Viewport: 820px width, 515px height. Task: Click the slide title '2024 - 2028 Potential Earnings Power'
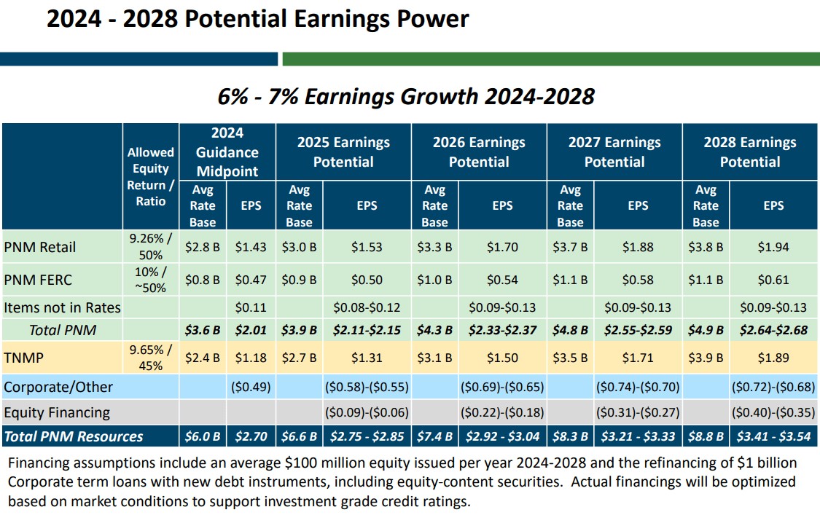pos(258,19)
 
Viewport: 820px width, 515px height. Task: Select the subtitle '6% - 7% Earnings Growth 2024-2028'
pos(406,96)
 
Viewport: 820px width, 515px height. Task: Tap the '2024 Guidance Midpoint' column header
pos(227,152)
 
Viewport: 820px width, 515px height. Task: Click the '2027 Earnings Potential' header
pos(614,152)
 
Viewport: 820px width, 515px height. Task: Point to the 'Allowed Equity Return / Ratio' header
pos(151,176)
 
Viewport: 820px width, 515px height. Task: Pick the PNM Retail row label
pos(40,248)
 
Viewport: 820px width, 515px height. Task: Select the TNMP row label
pos(23,358)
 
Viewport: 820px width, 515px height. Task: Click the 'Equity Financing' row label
pos(57,412)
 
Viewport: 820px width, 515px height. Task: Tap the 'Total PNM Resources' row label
pos(74,436)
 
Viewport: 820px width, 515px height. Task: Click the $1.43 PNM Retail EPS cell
pos(251,248)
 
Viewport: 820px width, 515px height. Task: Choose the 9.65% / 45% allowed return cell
pos(151,358)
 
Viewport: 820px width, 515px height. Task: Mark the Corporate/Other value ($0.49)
pos(251,387)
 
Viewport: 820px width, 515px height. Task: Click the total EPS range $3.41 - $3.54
pos(773,436)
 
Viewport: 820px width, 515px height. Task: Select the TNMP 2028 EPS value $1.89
pos(773,358)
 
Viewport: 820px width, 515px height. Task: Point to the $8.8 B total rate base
pos(706,436)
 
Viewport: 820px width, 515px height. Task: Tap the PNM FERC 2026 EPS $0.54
pos(501,280)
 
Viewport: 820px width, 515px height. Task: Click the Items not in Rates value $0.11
pos(251,307)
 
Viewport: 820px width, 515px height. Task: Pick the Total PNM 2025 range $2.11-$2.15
pos(367,330)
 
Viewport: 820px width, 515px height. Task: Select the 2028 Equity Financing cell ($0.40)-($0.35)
pos(773,412)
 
